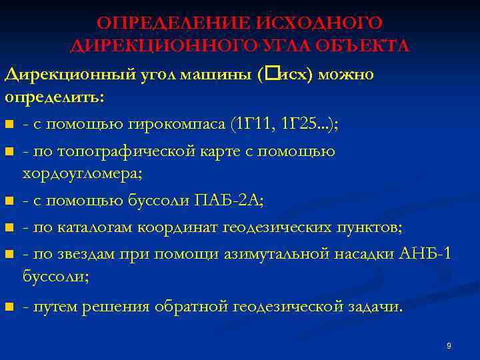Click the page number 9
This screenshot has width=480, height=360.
coord(449,345)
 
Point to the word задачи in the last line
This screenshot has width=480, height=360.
coord(376,307)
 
